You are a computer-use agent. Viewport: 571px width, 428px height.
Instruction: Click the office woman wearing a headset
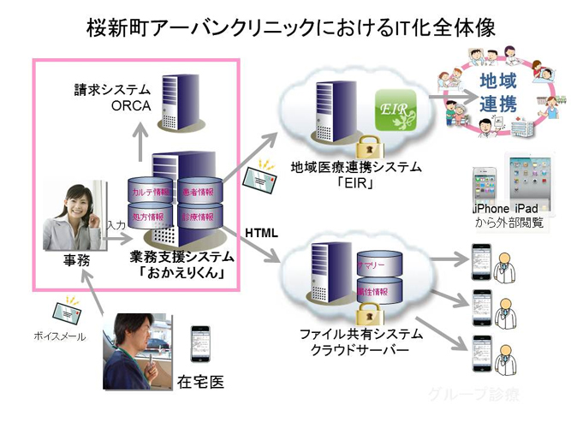(72, 214)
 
